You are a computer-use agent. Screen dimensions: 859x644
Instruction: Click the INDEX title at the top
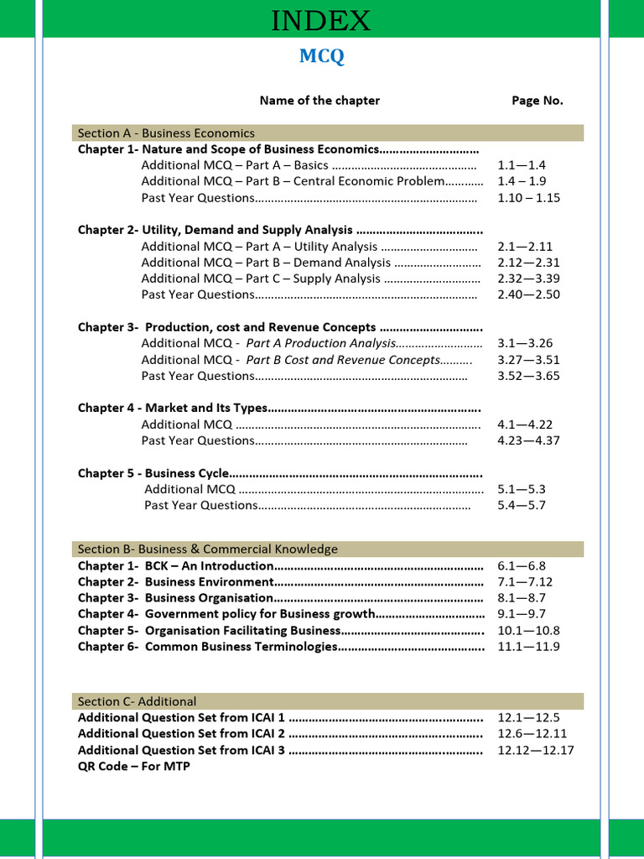pos(321,20)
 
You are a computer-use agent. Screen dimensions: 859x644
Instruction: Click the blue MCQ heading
pos(322,56)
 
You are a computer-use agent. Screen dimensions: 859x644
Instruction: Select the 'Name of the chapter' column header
pos(319,101)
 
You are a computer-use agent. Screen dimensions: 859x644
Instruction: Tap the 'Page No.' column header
pos(538,101)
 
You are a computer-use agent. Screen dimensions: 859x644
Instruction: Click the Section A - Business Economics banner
pos(326,133)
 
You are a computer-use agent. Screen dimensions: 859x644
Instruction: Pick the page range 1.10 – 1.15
pos(528,198)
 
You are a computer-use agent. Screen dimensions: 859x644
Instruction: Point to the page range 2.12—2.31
pos(528,263)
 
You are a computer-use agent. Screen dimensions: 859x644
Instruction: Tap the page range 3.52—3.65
pos(528,376)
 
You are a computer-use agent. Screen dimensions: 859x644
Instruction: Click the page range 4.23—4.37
pos(528,440)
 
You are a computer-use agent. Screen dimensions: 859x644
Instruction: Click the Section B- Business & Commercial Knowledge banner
pos(326,549)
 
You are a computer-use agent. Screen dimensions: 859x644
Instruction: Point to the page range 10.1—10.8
pos(528,630)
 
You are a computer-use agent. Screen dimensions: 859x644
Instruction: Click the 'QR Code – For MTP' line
pos(134,766)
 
